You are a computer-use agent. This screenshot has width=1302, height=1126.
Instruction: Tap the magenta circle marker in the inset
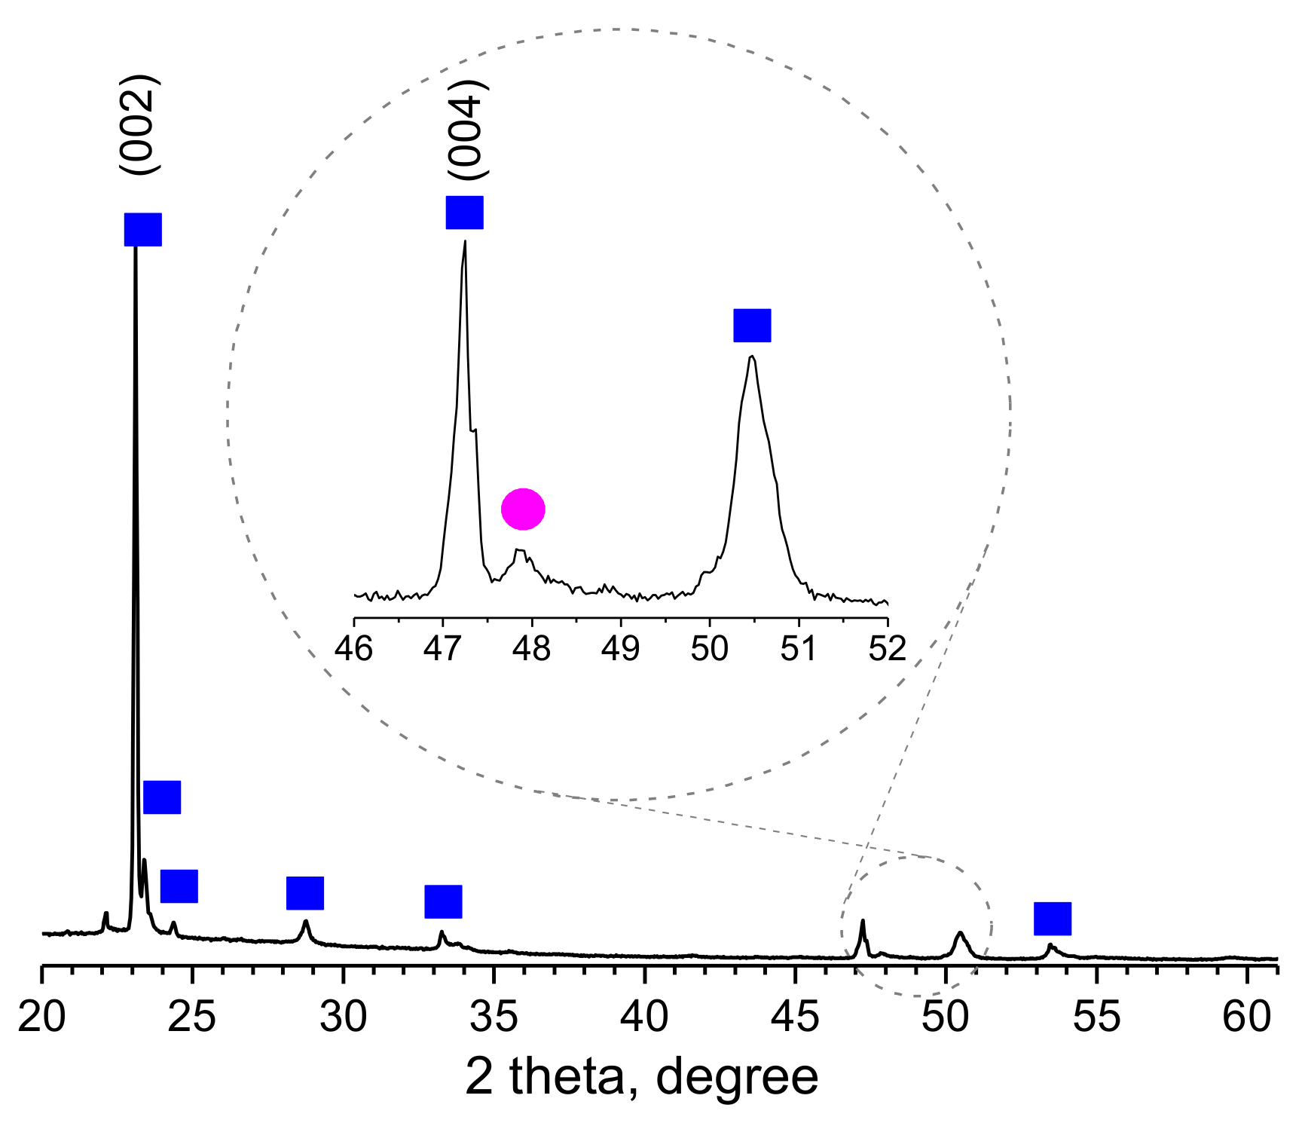[x=523, y=509]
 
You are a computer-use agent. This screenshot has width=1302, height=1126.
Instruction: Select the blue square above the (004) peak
[x=464, y=213]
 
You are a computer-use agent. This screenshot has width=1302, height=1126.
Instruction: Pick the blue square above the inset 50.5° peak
[x=752, y=325]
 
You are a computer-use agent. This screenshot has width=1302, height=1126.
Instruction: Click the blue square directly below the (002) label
[x=142, y=229]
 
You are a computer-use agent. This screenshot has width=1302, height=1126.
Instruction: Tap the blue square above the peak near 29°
[x=305, y=893]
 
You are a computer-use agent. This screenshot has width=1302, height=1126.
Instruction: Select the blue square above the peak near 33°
[x=443, y=901]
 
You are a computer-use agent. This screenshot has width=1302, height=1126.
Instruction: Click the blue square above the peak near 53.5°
[x=1052, y=918]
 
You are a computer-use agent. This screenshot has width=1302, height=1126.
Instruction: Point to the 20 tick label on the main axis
[x=41, y=1017]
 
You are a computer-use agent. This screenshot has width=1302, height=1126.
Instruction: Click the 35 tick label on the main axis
[x=494, y=1017]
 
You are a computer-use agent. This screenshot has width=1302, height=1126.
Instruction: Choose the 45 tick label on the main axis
[x=795, y=1017]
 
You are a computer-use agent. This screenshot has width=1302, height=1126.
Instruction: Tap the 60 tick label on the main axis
[x=1247, y=1017]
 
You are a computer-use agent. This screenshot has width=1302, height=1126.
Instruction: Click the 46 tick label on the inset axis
[x=354, y=648]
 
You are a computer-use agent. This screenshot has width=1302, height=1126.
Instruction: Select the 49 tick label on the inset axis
[x=621, y=648]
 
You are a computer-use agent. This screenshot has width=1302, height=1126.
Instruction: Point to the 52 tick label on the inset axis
[x=888, y=648]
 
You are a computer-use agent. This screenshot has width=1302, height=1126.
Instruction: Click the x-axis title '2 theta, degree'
[x=641, y=1077]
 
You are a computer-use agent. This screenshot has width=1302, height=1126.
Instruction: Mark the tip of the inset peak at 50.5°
[x=751, y=356]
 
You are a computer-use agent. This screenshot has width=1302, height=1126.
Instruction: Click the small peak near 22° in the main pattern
[x=105, y=913]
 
